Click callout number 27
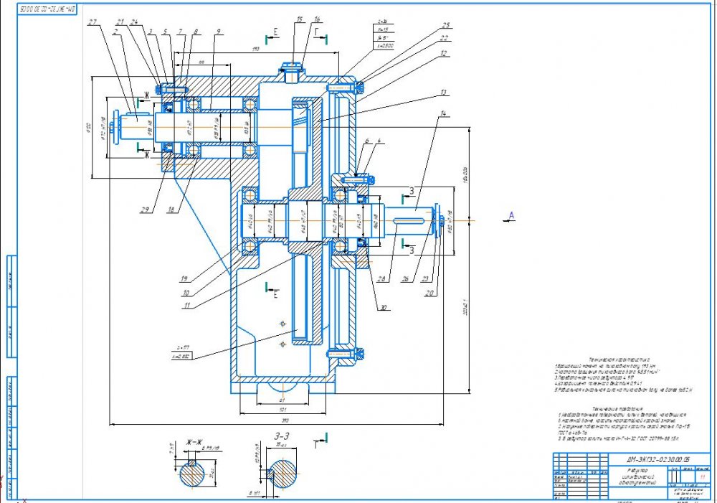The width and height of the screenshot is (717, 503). coord(92,22)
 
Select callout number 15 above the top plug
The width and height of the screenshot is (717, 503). coord(299,20)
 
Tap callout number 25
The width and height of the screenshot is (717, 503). coord(446,24)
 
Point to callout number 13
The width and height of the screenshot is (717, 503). coord(444,93)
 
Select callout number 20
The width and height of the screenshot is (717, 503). coord(429,293)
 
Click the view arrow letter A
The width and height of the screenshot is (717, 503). coord(512,215)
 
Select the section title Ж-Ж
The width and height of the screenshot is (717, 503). coord(192,441)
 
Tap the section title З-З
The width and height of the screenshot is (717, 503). coord(280,435)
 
